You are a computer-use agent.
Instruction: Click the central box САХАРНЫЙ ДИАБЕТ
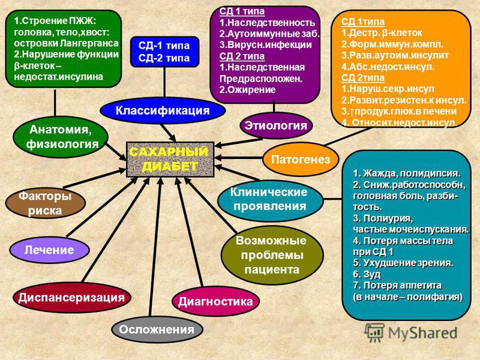170,159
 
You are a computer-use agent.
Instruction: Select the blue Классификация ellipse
163,110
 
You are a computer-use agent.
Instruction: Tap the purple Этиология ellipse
276,125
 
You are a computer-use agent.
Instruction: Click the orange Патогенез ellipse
301,159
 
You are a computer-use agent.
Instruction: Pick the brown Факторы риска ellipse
45,203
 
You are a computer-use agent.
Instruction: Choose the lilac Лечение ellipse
49,250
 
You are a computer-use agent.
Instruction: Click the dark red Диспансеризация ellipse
71,297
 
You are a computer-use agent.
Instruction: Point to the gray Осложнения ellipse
157,329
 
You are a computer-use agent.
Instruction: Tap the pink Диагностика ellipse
215,301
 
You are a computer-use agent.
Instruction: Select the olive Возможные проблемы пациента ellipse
272,256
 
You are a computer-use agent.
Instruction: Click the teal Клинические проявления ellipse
270,200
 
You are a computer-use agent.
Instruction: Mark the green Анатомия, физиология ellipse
61,137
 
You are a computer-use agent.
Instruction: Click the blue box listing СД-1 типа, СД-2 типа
164,52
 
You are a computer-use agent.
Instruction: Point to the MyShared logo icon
374,332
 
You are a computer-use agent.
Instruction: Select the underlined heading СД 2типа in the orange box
363,78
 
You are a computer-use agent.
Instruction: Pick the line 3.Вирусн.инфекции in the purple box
265,45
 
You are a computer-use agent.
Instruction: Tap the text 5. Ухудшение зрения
403,263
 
